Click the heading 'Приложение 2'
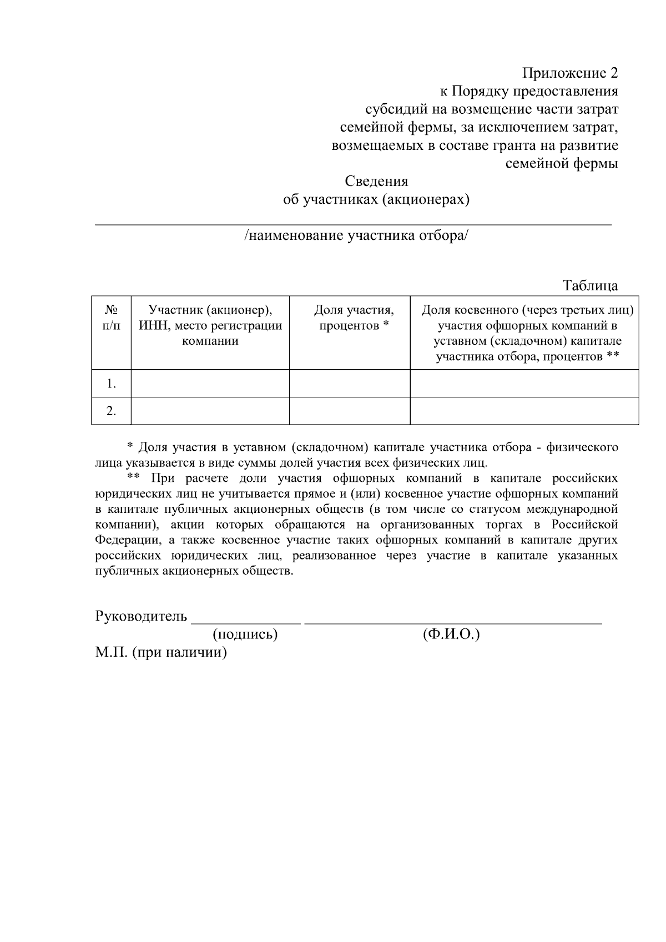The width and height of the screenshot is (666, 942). pos(570,73)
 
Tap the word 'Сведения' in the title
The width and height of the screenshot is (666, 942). pos(376,182)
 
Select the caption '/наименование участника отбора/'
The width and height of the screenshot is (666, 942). pos(356,236)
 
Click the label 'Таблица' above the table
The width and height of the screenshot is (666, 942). pos(590,286)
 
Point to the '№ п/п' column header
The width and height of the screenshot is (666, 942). pos(111,318)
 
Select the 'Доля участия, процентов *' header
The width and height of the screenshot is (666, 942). pos(350,318)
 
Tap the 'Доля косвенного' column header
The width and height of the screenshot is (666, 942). pos(524,333)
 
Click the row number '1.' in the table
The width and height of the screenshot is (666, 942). pos(111,384)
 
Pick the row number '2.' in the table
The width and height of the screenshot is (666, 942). pos(111,411)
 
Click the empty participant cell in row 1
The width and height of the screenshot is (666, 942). pos(210,384)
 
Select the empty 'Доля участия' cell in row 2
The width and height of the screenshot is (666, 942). pos(350,411)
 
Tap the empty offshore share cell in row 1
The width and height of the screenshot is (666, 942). pos(524,384)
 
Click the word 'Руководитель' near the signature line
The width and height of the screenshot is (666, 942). pos(141,617)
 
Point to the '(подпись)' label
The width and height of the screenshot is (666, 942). pos(245,634)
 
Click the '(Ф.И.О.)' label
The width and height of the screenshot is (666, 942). pos(451,634)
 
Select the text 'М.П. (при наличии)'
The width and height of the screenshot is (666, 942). pos(161,652)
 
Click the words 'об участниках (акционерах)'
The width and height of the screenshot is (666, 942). pos(376,200)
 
